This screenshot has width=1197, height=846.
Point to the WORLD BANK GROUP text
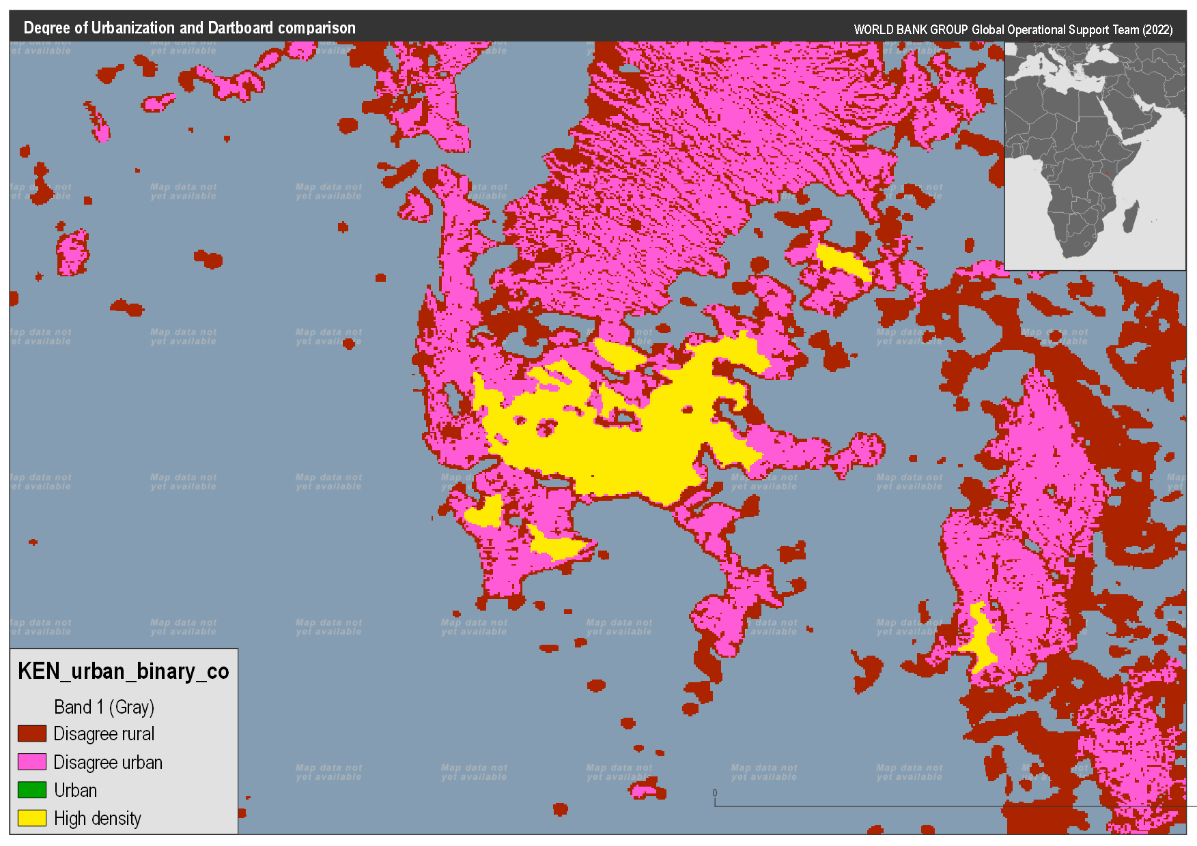click(911, 30)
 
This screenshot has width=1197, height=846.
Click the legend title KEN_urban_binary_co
click(123, 671)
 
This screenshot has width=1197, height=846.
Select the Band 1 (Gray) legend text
click(104, 707)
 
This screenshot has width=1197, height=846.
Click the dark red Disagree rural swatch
click(32, 734)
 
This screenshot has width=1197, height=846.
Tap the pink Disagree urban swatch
click(32, 762)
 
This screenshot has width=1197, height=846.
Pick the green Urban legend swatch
click(32, 790)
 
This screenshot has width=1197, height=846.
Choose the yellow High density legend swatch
click(32, 818)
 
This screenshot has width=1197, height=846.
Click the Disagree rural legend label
click(104, 734)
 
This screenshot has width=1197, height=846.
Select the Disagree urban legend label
click(108, 762)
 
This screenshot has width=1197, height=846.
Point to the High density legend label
click(97, 818)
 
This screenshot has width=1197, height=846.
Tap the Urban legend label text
click(75, 790)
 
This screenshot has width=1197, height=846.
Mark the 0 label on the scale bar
click(715, 793)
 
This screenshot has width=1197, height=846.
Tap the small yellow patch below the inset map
click(843, 261)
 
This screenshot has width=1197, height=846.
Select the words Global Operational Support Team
click(1055, 30)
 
